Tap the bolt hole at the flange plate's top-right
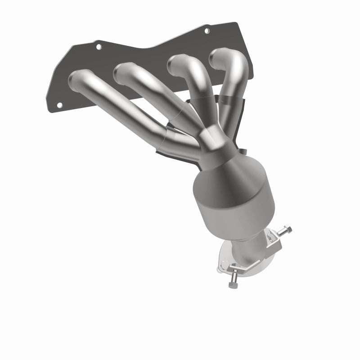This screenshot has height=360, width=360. (207, 31)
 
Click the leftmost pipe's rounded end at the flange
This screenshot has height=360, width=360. (78, 80)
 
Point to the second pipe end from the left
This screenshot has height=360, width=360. (123, 72)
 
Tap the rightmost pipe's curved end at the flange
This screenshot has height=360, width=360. (220, 57)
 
